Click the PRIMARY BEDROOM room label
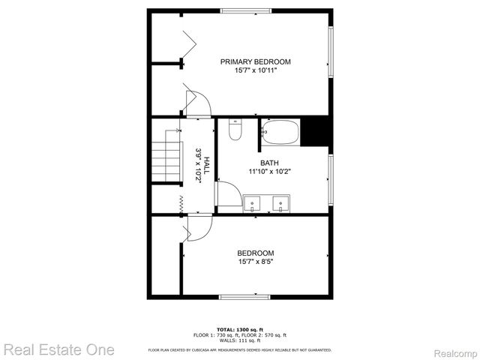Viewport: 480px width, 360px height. tap(255, 61)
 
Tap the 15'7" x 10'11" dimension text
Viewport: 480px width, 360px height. tap(255, 70)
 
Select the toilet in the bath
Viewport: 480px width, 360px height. tap(235, 130)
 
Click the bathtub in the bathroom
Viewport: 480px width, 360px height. tap(280, 132)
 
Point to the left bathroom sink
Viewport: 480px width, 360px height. tap(253, 203)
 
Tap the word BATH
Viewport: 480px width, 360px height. tap(269, 163)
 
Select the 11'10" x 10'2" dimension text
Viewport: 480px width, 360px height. tap(269, 172)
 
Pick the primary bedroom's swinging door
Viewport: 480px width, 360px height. tap(196, 103)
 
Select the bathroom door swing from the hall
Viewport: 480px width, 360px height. tap(229, 194)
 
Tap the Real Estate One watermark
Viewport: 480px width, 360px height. tap(58, 349)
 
